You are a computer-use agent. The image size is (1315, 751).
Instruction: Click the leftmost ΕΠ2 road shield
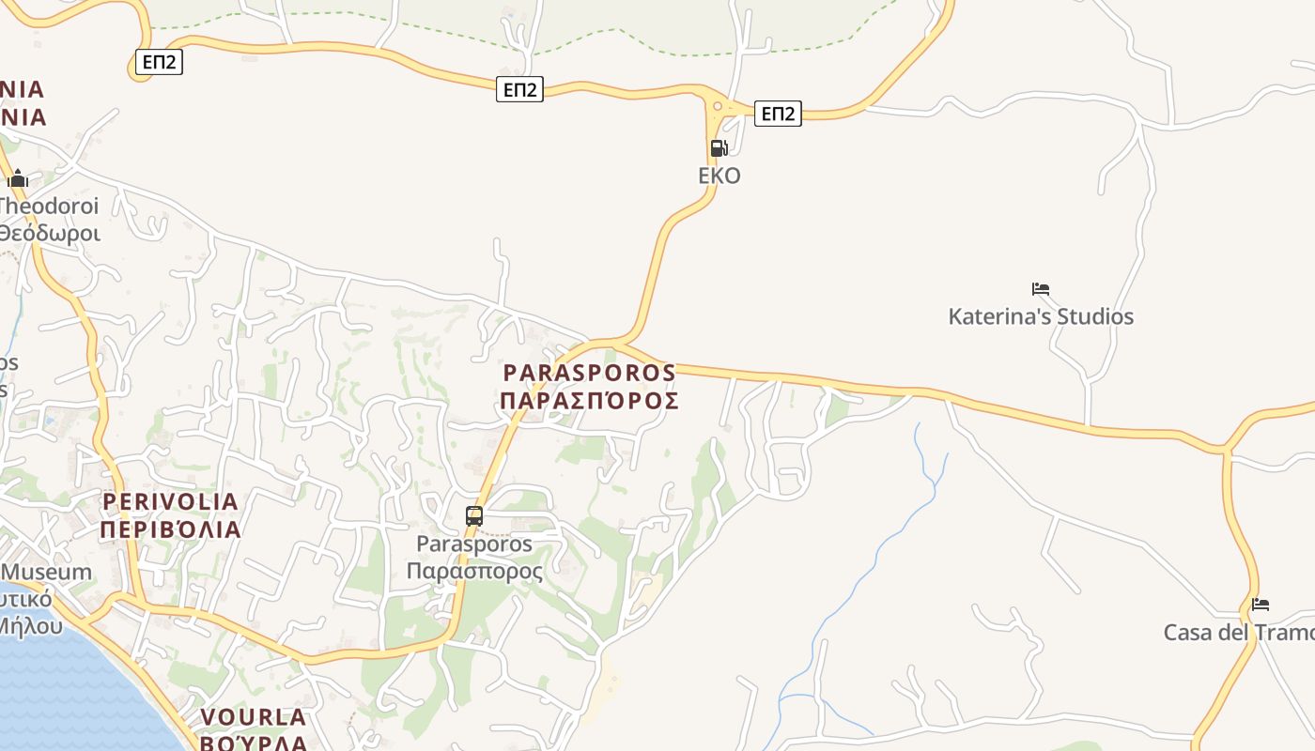click(158, 63)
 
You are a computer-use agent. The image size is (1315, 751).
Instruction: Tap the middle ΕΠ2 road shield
click(519, 89)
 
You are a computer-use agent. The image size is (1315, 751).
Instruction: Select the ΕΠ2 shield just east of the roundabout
click(778, 114)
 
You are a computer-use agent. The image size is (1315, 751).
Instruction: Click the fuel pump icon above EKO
click(719, 147)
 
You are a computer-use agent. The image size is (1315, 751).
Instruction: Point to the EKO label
click(719, 176)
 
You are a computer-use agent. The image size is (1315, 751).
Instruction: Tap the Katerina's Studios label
click(1041, 316)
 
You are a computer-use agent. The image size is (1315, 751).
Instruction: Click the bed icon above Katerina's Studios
click(1040, 289)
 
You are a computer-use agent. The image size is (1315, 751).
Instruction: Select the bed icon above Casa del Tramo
click(1261, 605)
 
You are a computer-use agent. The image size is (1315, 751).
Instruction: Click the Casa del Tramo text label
click(1238, 633)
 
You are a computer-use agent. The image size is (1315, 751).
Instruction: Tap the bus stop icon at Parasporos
click(474, 515)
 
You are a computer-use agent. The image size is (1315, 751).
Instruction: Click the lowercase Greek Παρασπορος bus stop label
click(474, 571)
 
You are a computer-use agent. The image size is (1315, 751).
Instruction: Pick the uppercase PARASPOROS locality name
click(589, 373)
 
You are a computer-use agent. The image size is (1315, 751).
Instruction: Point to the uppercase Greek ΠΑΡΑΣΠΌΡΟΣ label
click(589, 402)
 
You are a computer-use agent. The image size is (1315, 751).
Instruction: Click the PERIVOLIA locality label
click(170, 501)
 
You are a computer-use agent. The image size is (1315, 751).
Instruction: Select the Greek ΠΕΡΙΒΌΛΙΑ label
click(170, 529)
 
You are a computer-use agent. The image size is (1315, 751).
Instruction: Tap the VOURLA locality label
click(253, 717)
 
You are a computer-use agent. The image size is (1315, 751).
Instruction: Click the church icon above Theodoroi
click(18, 178)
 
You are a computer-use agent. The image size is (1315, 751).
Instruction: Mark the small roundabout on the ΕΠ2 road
click(718, 106)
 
